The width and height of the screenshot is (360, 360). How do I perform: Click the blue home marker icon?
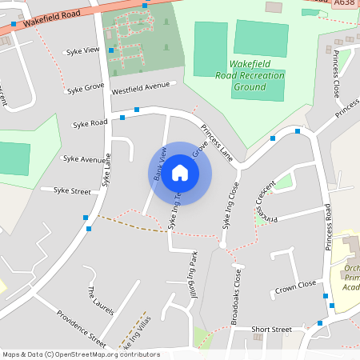pyautogui.click(x=180, y=173)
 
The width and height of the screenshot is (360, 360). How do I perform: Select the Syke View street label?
pyautogui.click(x=83, y=50)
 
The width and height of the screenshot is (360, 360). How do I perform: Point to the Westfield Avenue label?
pyautogui.click(x=141, y=85)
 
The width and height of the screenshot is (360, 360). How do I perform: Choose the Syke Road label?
pyautogui.click(x=90, y=123)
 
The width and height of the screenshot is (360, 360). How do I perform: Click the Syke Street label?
pyautogui.click(x=72, y=190)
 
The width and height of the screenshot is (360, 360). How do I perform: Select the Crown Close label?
pyautogui.click(x=295, y=286)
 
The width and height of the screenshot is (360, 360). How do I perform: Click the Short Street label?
pyautogui.click(x=271, y=329)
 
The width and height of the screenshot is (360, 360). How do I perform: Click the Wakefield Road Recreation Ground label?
pyautogui.click(x=251, y=75)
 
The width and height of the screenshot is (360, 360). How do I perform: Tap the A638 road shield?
pyautogui.click(x=345, y=4)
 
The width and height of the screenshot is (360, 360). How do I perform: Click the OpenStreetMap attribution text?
pyautogui.click(x=81, y=354)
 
